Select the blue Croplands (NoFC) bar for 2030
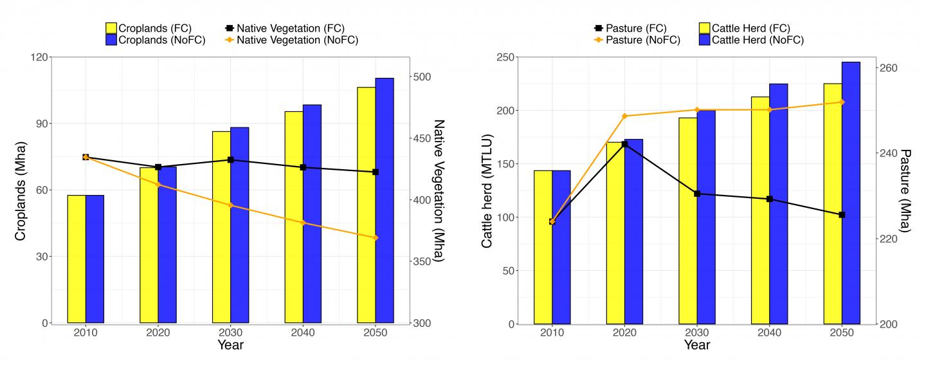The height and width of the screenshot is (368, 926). (x=240, y=225)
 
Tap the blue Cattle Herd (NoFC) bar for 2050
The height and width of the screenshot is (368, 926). (x=851, y=192)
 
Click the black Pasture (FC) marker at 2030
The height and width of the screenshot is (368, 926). (x=697, y=194)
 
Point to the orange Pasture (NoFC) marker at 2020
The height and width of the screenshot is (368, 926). (x=624, y=116)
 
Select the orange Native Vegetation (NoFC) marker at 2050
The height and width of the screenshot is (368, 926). (x=376, y=237)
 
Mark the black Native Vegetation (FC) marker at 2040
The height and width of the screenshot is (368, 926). (x=303, y=167)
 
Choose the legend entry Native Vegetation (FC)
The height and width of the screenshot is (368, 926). (x=285, y=28)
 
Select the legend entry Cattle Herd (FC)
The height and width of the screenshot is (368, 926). (x=745, y=28)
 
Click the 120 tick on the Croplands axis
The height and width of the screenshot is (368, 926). (x=38, y=57)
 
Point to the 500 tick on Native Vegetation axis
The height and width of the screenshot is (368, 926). (x=422, y=77)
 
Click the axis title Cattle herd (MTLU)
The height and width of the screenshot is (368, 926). (x=487, y=191)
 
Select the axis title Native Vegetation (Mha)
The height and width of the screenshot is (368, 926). (x=439, y=191)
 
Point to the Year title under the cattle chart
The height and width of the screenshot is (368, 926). (x=697, y=345)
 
